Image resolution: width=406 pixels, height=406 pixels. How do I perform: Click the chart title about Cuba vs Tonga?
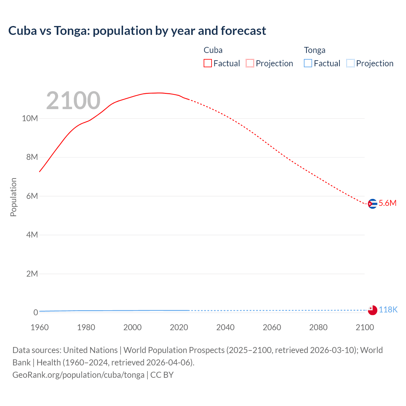pyautogui.click(x=137, y=31)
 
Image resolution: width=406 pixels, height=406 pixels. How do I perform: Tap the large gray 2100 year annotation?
pyautogui.click(x=73, y=101)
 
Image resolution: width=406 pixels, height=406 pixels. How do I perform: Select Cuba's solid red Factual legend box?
pyautogui.click(x=207, y=63)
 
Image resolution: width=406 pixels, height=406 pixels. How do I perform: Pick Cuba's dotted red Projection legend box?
pyautogui.click(x=250, y=63)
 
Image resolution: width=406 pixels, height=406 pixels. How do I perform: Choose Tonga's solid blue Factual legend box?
pyautogui.click(x=308, y=63)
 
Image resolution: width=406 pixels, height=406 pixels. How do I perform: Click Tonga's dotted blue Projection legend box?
pyautogui.click(x=350, y=63)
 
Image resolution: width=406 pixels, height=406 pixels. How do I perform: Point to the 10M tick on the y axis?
pyautogui.click(x=30, y=119)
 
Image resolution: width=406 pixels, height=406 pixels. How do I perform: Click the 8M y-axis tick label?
pyautogui.click(x=32, y=157)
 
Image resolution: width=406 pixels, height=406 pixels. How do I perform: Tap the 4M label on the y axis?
pyautogui.click(x=32, y=235)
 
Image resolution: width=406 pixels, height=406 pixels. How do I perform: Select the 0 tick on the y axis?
pyautogui.click(x=36, y=312)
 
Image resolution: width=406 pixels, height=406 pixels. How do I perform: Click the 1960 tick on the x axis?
pyautogui.click(x=40, y=327)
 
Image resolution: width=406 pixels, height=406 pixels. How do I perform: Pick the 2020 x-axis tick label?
pyautogui.click(x=179, y=327)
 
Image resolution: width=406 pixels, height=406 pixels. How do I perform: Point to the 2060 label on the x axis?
pyautogui.click(x=272, y=327)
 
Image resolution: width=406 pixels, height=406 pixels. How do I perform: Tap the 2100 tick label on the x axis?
pyautogui.click(x=365, y=327)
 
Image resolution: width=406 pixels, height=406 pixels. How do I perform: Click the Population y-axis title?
pyautogui.click(x=13, y=197)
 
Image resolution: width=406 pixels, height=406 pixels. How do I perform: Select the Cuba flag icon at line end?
pyautogui.click(x=372, y=204)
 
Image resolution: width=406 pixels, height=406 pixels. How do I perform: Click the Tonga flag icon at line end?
pyautogui.click(x=372, y=310)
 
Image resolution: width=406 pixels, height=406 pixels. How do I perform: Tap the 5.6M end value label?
pyautogui.click(x=388, y=203)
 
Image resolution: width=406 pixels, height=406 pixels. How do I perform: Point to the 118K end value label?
pyautogui.click(x=388, y=310)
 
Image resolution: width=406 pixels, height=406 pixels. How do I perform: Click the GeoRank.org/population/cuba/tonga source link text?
pyautogui.click(x=78, y=375)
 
